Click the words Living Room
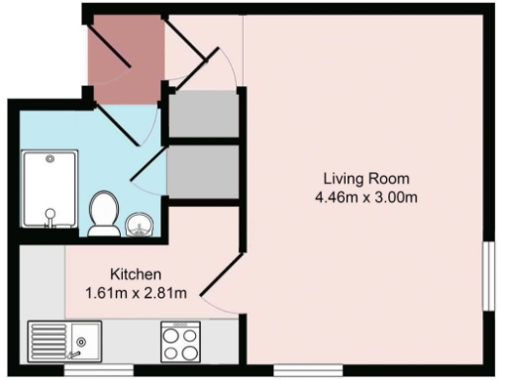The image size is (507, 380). pyautogui.click(x=365, y=178)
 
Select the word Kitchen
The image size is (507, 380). pyautogui.click(x=136, y=273)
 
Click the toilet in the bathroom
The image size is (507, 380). pyautogui.click(x=103, y=214)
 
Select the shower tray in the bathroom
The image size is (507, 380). pyautogui.click(x=47, y=190)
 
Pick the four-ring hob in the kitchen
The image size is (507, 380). pyautogui.click(x=182, y=341)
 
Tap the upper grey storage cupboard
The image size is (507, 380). pyautogui.click(x=203, y=115)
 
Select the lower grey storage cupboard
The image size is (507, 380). pyautogui.click(x=203, y=170)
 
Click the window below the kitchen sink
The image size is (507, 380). pyautogui.click(x=99, y=370)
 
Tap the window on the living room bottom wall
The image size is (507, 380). pyautogui.click(x=301, y=370)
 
